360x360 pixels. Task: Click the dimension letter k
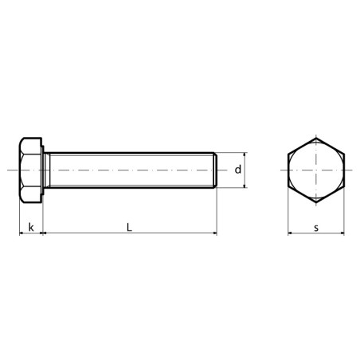[31, 228]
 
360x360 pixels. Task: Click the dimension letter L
[129, 227]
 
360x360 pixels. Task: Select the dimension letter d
[238, 169]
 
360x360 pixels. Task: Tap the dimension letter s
[316, 228]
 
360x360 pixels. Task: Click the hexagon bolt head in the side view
[30, 170]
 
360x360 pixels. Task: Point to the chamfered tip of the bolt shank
[216, 170]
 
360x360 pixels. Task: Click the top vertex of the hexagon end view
[316, 138]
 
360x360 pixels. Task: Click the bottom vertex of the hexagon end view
[316, 203]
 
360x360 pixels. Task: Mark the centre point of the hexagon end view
[316, 170]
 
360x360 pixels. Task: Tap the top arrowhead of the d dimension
[245, 155]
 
